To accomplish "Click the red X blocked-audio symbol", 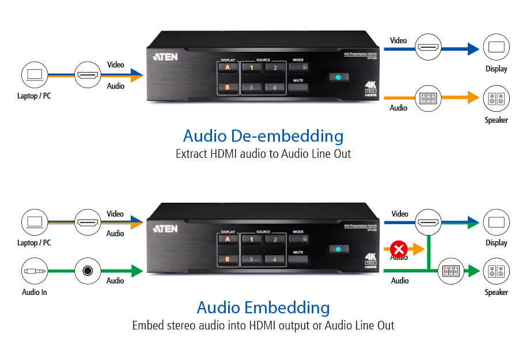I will (x=398, y=249).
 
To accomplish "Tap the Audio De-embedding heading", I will (x=263, y=137).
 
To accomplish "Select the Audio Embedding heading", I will (x=263, y=306).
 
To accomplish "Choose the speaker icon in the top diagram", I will (x=495, y=98).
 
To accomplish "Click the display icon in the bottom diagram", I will (x=495, y=222).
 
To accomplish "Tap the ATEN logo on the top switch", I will (x=165, y=57).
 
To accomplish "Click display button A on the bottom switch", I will (x=228, y=240).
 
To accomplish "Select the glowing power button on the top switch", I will (x=338, y=77).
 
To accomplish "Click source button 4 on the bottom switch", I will (x=275, y=260).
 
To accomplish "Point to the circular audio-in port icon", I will (x=88, y=270).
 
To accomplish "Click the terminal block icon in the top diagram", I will (x=427, y=98).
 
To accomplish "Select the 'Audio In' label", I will (x=35, y=292).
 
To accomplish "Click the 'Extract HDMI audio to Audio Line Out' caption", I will (x=263, y=154).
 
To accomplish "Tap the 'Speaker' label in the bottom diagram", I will (x=495, y=292).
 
